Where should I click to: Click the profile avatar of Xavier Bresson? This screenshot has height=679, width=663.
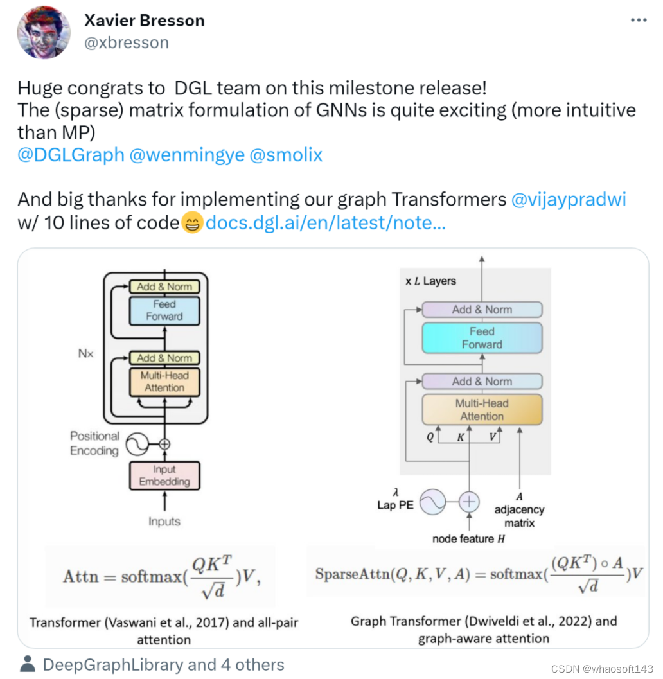[x=43, y=33]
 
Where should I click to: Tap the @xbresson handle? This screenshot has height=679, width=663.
[x=127, y=43]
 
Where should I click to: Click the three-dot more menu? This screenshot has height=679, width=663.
[x=639, y=20]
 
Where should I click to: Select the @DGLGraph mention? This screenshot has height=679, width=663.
[x=71, y=155]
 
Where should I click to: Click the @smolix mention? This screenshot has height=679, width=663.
[x=286, y=155]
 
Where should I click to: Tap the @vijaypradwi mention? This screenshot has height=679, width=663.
[x=569, y=200]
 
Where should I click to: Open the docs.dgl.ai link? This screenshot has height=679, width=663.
[x=325, y=222]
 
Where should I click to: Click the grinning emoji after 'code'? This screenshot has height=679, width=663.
[x=192, y=223]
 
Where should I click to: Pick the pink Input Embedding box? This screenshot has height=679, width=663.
[x=164, y=475]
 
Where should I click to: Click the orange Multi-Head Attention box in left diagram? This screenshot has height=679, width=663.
[x=164, y=382]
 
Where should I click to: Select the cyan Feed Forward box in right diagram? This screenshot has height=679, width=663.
[x=482, y=338]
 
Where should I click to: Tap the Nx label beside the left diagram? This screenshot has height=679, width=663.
[x=85, y=354]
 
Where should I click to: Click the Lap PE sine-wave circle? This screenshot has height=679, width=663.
[x=432, y=502]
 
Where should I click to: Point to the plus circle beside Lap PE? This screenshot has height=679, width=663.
[x=469, y=502]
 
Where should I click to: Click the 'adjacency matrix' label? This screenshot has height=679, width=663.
[x=519, y=516]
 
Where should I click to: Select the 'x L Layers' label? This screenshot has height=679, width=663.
[x=431, y=281]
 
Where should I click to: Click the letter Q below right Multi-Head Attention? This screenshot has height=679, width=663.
[x=430, y=437]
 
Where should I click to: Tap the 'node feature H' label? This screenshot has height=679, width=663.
[x=468, y=539]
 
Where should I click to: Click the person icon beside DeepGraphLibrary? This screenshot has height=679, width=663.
[x=28, y=664]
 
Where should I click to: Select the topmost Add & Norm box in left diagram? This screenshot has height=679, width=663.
[x=164, y=287]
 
